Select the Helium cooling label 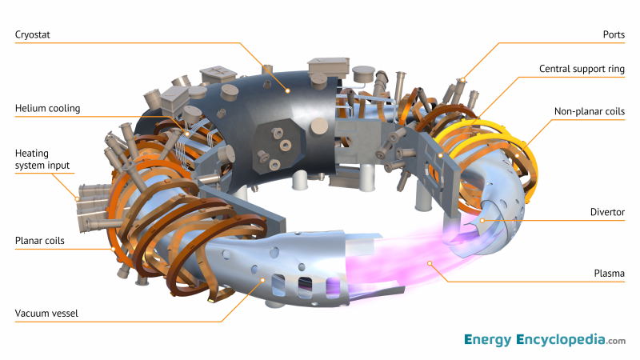(x=47, y=108)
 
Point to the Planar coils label (x=39, y=240)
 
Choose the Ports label (x=612, y=34)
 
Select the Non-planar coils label (x=590, y=111)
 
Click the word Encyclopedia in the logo (x=559, y=340)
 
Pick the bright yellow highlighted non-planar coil (x=480, y=128)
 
